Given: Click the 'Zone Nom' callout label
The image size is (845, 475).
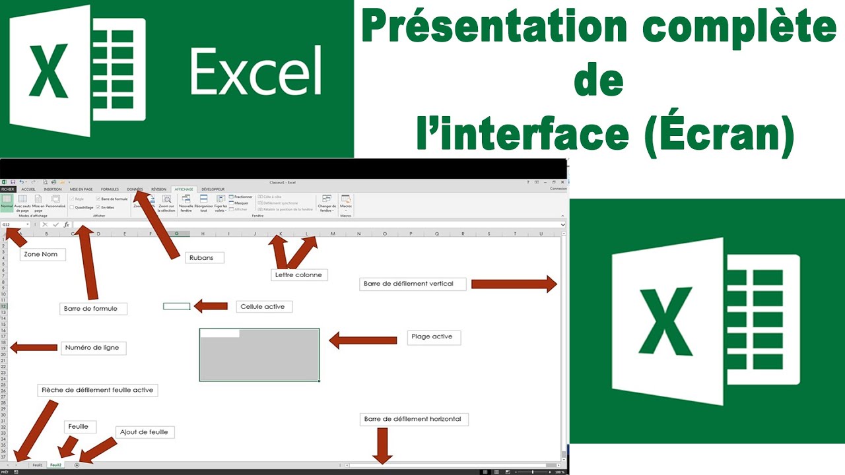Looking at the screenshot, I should [42, 255].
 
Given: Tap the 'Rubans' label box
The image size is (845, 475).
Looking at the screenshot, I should [202, 257].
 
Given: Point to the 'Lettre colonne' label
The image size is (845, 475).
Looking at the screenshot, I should [299, 274].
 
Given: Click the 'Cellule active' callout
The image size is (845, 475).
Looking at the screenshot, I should [264, 307].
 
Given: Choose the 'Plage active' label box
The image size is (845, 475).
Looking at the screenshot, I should [433, 336].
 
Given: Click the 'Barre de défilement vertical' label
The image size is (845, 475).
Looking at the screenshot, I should [413, 284].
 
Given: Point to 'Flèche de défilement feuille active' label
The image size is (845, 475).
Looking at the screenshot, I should [98, 390].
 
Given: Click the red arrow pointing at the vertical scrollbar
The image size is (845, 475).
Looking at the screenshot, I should [514, 284].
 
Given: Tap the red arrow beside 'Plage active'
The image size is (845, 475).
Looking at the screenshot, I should [362, 340].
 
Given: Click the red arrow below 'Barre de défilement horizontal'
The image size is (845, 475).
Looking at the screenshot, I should [382, 446].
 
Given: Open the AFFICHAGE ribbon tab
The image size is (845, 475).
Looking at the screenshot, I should [184, 189].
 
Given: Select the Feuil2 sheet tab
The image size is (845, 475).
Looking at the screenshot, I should [56, 465].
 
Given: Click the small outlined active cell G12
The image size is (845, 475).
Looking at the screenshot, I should [176, 306].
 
